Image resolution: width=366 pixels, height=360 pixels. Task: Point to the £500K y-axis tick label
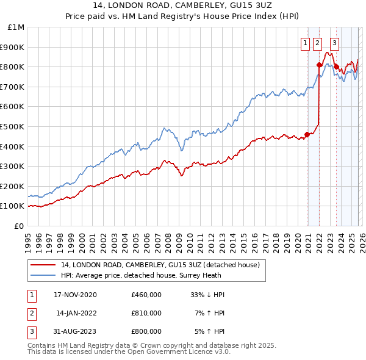pyautogui.click(x=13, y=126)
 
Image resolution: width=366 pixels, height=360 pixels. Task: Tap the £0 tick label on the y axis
pyautogui.click(x=20, y=226)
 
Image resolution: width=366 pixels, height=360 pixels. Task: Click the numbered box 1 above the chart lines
pyautogui.click(x=304, y=43)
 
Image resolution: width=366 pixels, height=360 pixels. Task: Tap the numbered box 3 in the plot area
pyautogui.click(x=335, y=43)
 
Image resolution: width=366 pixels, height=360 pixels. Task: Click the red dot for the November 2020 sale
pyautogui.click(x=307, y=135)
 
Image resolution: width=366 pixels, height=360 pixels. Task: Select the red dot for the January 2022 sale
pyautogui.click(x=319, y=65)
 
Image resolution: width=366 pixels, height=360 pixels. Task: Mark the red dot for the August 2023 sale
pyautogui.click(x=336, y=67)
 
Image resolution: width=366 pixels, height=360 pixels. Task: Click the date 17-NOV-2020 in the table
pyautogui.click(x=75, y=295)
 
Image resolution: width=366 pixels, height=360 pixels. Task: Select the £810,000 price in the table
pyautogui.click(x=146, y=313)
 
